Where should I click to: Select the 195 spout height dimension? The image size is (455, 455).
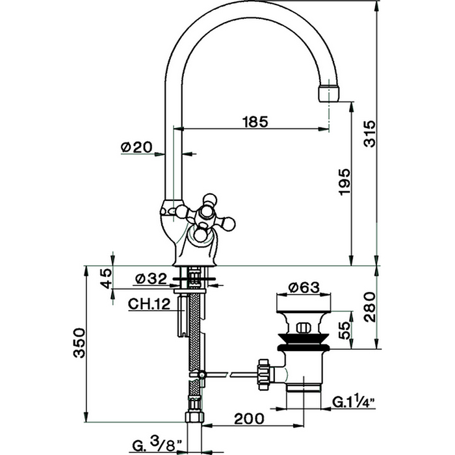344,183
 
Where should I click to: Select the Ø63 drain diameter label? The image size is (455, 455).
300,286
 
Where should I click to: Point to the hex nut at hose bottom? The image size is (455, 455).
193,417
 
